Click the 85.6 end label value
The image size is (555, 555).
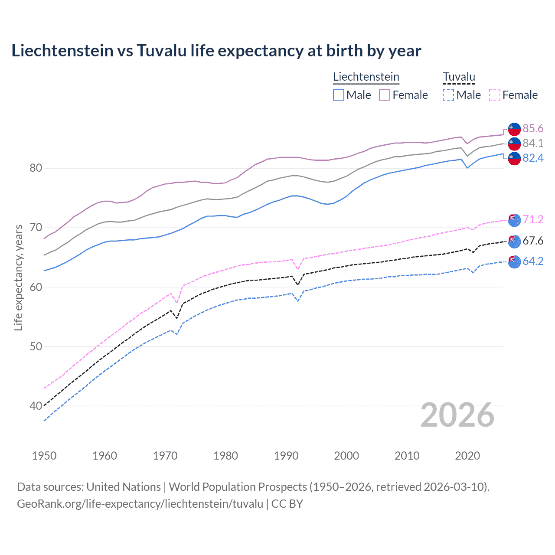(533, 129)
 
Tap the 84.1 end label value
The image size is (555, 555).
(533, 144)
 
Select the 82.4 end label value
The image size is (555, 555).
(533, 158)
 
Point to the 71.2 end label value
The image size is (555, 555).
(533, 220)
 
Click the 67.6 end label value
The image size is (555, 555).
(533, 241)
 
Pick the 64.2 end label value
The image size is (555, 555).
(533, 261)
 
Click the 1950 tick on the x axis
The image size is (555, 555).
(44, 456)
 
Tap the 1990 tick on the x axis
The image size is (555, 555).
(286, 456)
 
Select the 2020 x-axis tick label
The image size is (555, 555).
(467, 456)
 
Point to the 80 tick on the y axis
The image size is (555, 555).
(36, 168)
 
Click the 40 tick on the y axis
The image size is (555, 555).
(36, 406)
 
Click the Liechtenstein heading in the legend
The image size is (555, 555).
(366, 77)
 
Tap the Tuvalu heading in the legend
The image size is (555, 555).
(459, 77)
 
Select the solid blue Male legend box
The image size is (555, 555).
(339, 95)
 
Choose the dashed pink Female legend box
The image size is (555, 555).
(494, 95)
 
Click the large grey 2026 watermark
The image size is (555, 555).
(457, 415)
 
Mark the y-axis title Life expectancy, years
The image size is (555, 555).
(18, 277)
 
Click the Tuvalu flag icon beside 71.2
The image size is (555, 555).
(514, 220)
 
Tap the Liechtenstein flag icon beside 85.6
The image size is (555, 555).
(514, 129)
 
